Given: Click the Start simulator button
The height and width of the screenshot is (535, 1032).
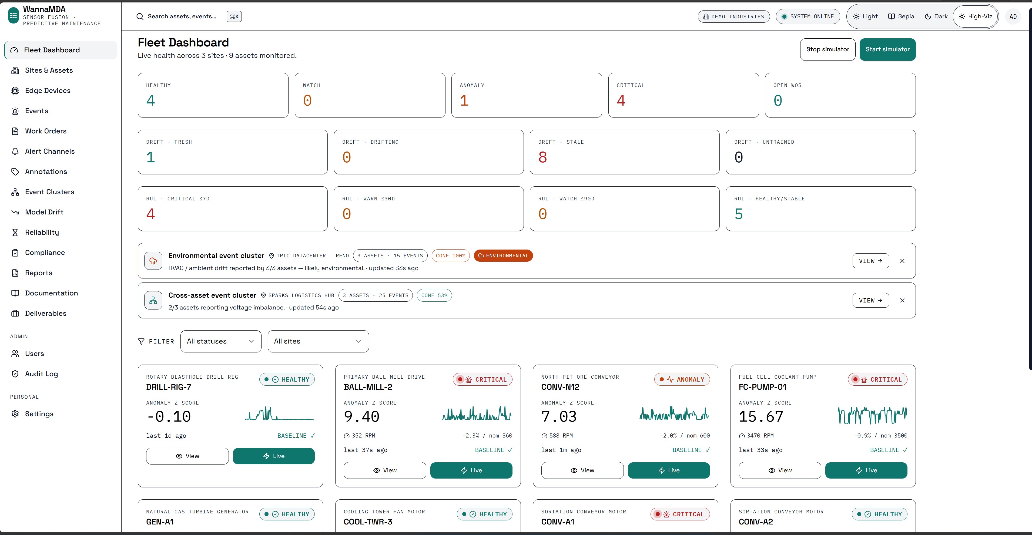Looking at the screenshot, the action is [x=887, y=49].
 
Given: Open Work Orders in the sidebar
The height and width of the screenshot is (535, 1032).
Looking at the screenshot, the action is [x=46, y=131].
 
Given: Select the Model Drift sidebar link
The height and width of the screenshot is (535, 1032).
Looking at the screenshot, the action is [x=44, y=212].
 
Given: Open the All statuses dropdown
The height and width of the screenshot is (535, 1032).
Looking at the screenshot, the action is [x=221, y=341].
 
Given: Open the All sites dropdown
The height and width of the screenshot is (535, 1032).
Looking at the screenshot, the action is [x=318, y=341].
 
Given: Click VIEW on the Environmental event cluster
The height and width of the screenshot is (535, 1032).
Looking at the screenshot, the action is [x=870, y=261].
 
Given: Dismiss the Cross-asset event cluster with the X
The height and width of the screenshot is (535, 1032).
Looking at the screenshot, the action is [x=902, y=300].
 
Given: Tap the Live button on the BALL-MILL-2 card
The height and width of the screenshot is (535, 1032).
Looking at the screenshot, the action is [x=471, y=470].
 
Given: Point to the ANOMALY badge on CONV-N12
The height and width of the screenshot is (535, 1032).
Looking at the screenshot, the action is [x=682, y=379].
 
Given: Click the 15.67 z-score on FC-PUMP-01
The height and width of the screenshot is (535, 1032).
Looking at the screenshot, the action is [x=761, y=416].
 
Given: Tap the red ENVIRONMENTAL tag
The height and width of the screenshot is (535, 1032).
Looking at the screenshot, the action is [x=503, y=255].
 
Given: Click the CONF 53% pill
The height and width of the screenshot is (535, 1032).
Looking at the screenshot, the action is [x=434, y=295].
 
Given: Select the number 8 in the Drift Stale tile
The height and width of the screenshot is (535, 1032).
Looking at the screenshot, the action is [x=543, y=157].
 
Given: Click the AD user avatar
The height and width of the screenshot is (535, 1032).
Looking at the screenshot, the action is [x=1013, y=16].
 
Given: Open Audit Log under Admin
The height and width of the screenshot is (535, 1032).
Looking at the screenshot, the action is [x=41, y=374].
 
